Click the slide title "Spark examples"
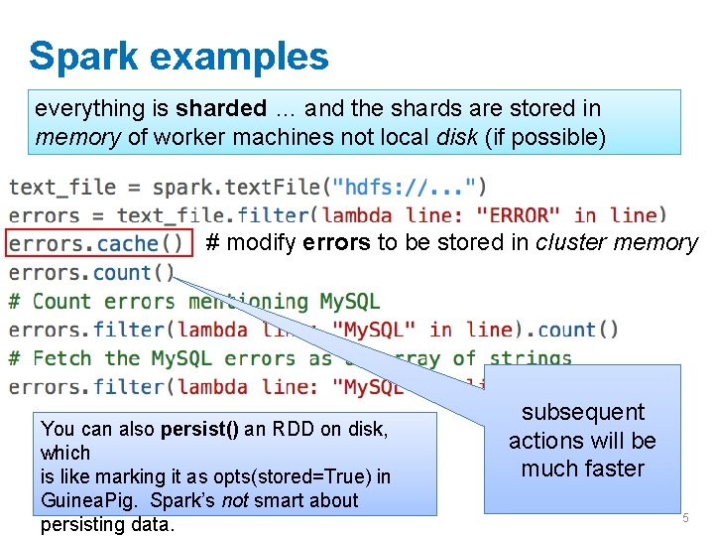click(x=178, y=56)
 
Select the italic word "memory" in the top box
click(x=79, y=137)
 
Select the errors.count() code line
click(x=91, y=272)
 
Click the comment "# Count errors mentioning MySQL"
click(x=193, y=301)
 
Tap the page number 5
click(x=683, y=518)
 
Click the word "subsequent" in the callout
click(x=582, y=412)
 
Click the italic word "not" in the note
click(x=233, y=500)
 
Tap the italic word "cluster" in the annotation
click(x=569, y=242)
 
